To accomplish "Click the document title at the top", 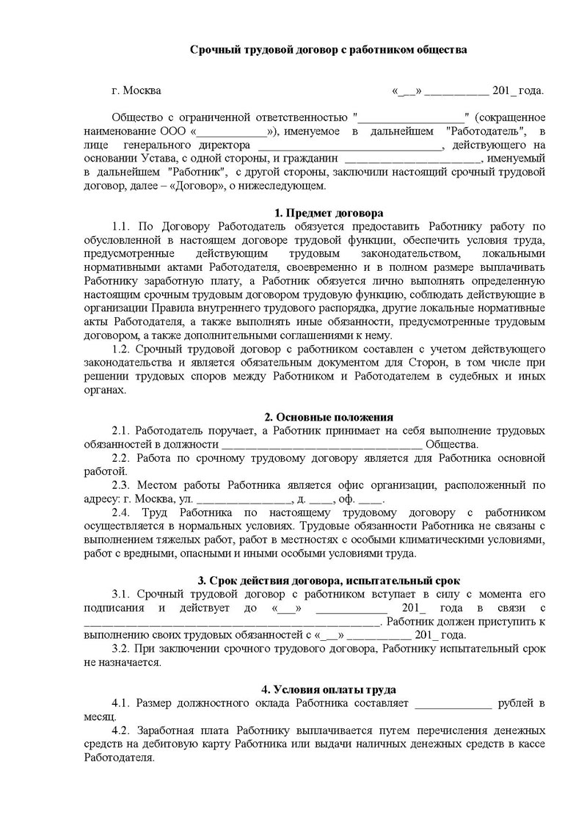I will pos(328,49).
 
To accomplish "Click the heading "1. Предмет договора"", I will pos(328,214).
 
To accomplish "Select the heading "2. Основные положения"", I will pos(328,417).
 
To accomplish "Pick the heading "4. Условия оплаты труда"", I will pos(328,689).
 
